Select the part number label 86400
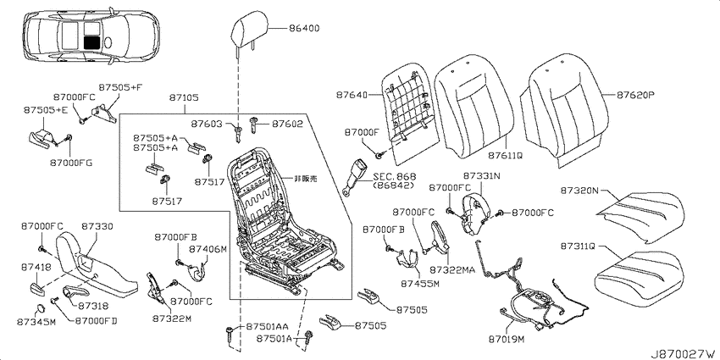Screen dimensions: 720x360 click(x=304, y=29)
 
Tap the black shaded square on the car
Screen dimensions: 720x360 click(x=92, y=42)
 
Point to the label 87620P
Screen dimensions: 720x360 click(x=635, y=96)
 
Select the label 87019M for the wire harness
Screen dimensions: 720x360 click(x=507, y=340)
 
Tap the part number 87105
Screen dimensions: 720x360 click(x=184, y=97)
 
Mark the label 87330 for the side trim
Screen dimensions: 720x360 click(x=97, y=226)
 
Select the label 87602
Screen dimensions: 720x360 click(x=287, y=124)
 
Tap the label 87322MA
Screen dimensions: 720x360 click(x=452, y=269)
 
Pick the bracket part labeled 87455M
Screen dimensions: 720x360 click(x=407, y=258)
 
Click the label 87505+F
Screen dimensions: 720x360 click(x=114, y=87)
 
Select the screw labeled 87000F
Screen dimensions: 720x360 click(x=379, y=156)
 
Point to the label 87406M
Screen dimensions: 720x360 click(x=208, y=249)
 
